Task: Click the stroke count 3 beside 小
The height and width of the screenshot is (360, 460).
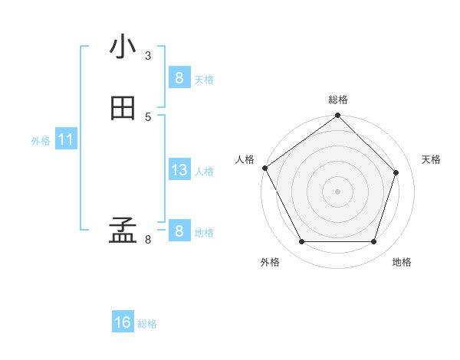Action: point(148,55)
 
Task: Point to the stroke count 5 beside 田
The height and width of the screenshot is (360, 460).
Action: point(148,116)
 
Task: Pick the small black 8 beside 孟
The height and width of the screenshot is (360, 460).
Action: point(148,240)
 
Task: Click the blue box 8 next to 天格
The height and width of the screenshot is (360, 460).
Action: point(179,77)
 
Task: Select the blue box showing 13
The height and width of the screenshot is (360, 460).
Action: point(179,170)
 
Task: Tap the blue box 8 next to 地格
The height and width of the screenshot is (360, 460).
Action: point(179,231)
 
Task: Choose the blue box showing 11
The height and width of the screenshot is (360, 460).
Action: point(66,139)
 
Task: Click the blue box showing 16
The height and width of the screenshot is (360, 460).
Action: point(123,322)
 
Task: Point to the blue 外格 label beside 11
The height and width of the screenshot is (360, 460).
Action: point(41,141)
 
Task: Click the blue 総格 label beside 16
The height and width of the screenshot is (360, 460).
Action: point(148,324)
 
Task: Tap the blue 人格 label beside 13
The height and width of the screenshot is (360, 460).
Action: point(205,172)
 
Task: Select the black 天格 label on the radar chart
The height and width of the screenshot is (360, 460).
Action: point(431,159)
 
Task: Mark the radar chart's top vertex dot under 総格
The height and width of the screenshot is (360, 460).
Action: point(337,116)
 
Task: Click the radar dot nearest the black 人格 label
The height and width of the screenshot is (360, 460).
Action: point(264,168)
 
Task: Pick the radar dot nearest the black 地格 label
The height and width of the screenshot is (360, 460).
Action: point(373,242)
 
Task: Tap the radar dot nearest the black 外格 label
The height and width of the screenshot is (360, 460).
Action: point(301,242)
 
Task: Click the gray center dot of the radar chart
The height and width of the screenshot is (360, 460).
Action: point(337,191)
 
